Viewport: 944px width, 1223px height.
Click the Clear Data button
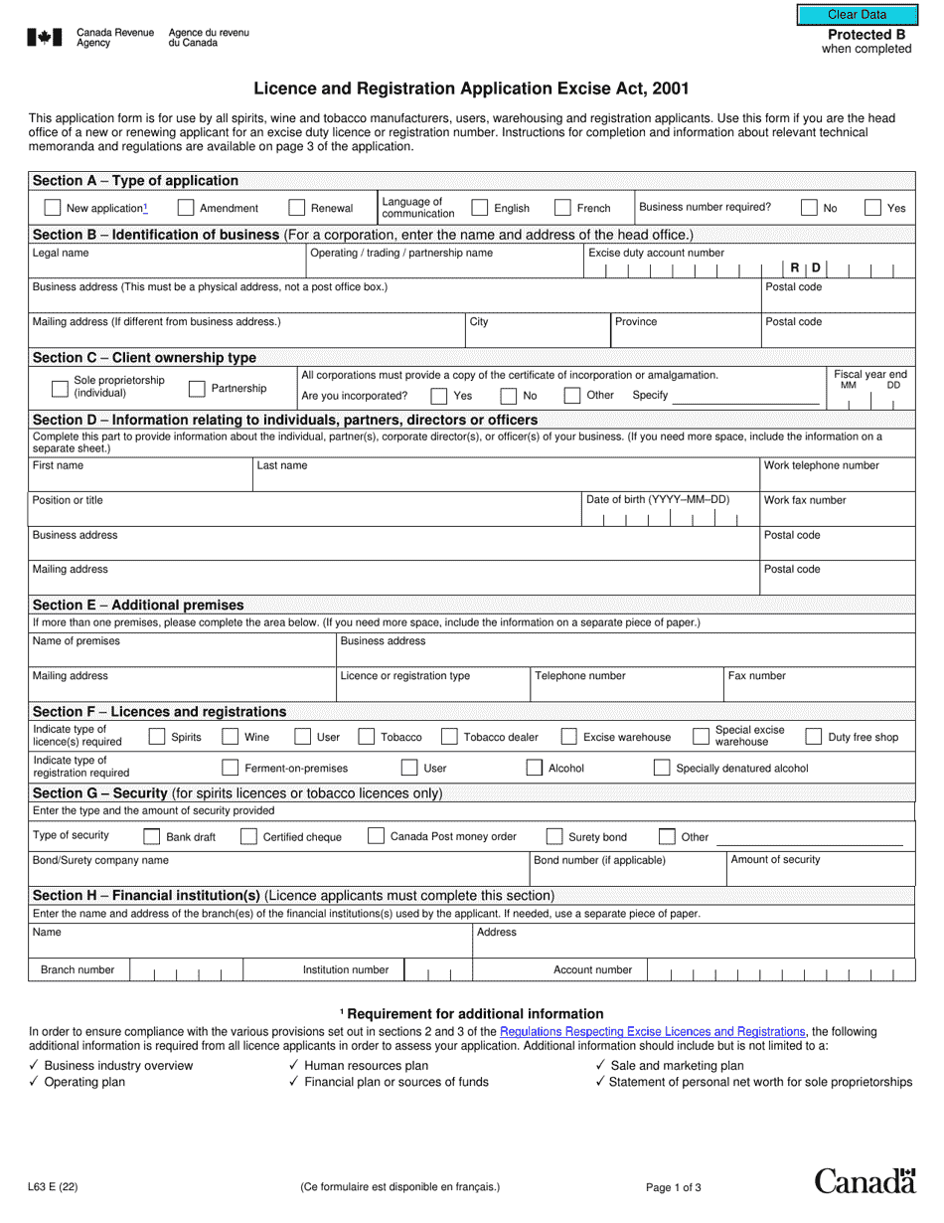pyautogui.click(x=857, y=15)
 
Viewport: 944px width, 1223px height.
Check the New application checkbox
pyautogui.click(x=53, y=208)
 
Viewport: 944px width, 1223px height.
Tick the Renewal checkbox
pyautogui.click(x=296, y=208)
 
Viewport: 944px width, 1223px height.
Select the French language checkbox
pyautogui.click(x=562, y=208)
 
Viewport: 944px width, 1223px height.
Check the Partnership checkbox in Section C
pyautogui.click(x=197, y=389)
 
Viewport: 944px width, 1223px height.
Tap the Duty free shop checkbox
pyautogui.click(x=813, y=737)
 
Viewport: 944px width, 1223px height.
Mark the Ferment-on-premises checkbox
pyautogui.click(x=230, y=768)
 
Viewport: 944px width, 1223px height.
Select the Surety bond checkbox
pyautogui.click(x=553, y=836)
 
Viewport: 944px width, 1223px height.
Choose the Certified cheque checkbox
pyautogui.click(x=248, y=836)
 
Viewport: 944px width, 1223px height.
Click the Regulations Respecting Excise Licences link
pyautogui.click(x=652, y=1032)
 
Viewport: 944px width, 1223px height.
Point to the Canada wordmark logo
pyautogui.click(x=865, y=1181)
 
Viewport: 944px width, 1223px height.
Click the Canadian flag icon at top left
pyautogui.click(x=45, y=38)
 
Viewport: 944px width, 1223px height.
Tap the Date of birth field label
pyautogui.click(x=658, y=499)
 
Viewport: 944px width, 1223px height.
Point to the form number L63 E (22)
pyautogui.click(x=54, y=1186)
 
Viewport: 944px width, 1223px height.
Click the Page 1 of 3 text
pyautogui.click(x=673, y=1186)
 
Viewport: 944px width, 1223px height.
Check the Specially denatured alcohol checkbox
pyautogui.click(x=662, y=768)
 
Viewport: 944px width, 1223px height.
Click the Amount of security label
pyautogui.click(x=775, y=859)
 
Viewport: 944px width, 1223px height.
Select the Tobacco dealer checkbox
pyautogui.click(x=449, y=737)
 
